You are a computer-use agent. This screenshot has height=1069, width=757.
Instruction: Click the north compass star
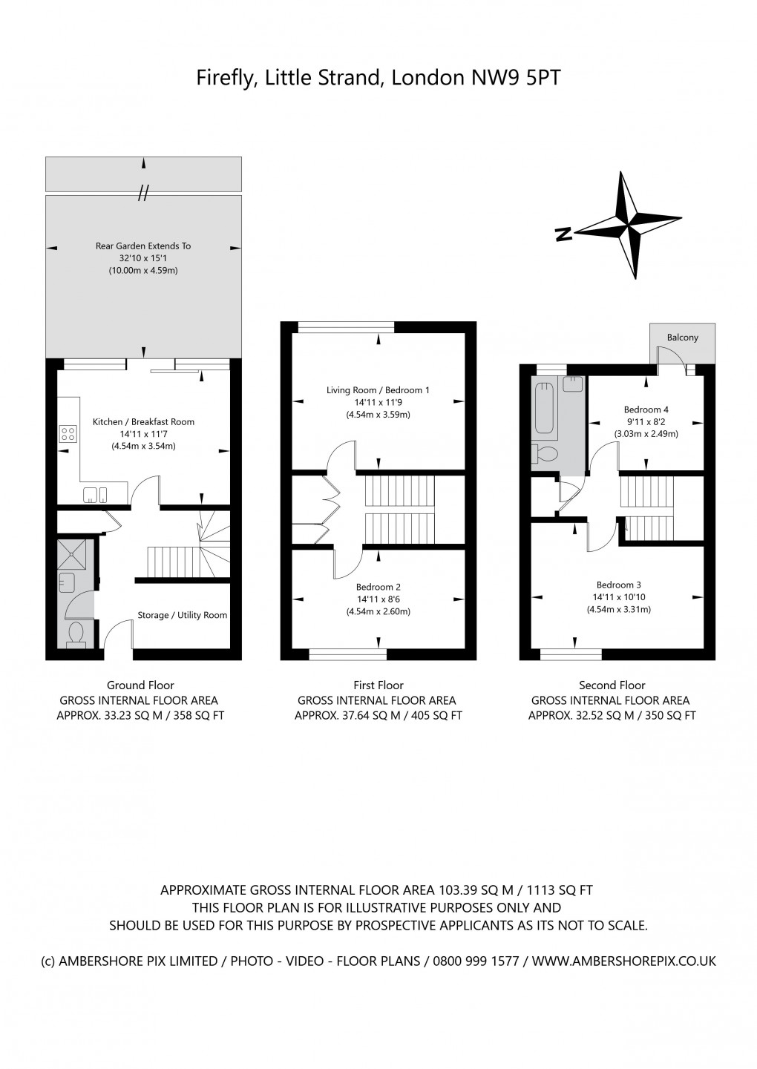[628, 225]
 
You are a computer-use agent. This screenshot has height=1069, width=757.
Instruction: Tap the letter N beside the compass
[564, 234]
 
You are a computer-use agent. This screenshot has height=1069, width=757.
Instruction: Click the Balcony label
[682, 338]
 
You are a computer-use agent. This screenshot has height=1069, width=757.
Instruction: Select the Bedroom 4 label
[646, 409]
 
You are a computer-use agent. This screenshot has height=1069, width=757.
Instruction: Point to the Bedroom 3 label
[618, 585]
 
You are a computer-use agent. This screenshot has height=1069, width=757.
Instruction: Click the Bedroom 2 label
[378, 587]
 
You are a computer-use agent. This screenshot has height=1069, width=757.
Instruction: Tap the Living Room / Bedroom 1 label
[378, 390]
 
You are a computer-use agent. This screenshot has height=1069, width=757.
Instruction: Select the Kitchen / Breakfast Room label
[143, 422]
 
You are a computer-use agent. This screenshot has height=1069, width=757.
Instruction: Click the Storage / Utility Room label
[183, 615]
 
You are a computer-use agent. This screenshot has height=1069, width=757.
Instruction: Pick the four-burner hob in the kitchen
[68, 432]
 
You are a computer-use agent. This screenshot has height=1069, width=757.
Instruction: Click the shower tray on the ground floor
[71, 555]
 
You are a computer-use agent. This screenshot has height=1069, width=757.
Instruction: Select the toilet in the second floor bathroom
[545, 453]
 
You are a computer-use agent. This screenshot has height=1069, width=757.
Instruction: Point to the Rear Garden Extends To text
[143, 246]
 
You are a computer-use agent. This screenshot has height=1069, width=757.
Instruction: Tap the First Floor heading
[378, 685]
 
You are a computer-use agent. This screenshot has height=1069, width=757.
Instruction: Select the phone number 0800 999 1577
[476, 961]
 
